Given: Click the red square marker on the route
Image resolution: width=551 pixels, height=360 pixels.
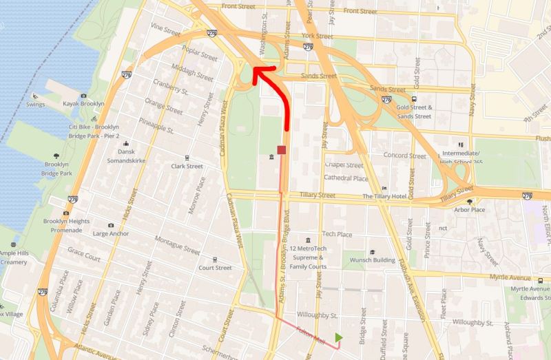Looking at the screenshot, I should [281, 150].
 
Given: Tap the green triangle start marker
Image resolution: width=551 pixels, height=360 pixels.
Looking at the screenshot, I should [338, 337].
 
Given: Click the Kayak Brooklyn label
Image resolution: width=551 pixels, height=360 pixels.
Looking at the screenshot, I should [83, 104].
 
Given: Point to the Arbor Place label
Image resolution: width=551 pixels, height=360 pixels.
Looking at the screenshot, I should [470, 210].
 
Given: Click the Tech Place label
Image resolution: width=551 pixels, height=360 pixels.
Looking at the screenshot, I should [337, 234].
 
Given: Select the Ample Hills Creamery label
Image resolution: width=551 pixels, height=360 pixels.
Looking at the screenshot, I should [13, 257].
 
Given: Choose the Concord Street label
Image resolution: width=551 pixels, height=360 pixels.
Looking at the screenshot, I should [405, 156].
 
